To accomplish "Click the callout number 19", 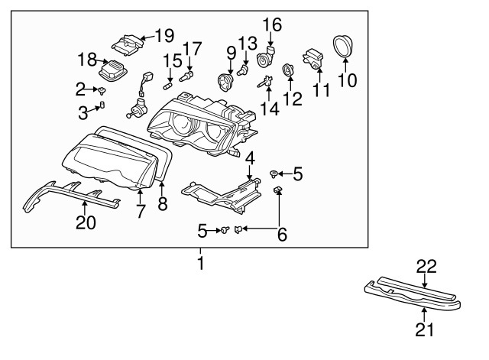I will point(164,35).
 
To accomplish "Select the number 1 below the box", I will point(200,264).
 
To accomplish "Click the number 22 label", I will point(426,266).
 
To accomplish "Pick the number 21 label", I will point(424,329).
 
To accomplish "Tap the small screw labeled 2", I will point(102,90).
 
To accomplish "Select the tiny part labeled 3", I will point(104,105).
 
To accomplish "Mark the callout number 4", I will point(250,159).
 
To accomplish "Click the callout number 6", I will point(282,235).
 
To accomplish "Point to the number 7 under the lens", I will point(141,212).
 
